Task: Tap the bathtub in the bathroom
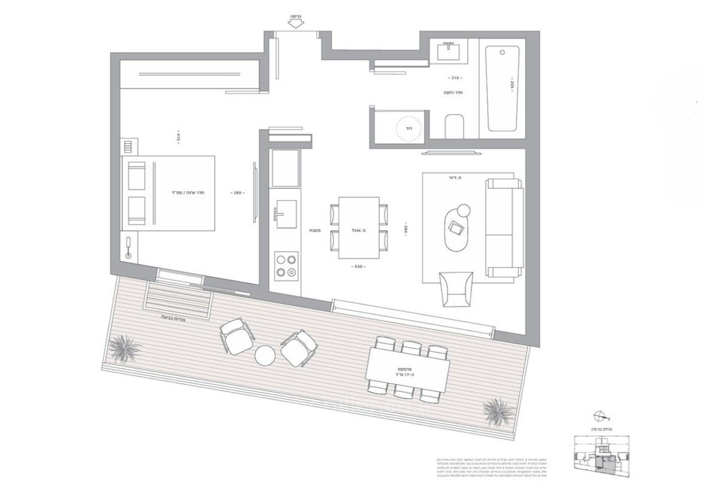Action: [x=502, y=88]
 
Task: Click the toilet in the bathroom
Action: [x=454, y=126]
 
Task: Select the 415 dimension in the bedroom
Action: [x=178, y=136]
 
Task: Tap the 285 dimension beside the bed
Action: [x=237, y=193]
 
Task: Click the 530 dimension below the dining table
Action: [x=359, y=267]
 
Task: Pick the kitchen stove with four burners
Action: [x=286, y=265]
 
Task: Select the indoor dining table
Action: [x=359, y=227]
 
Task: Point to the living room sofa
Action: [x=504, y=228]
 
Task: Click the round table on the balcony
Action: [x=266, y=355]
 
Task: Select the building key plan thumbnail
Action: [x=603, y=456]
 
